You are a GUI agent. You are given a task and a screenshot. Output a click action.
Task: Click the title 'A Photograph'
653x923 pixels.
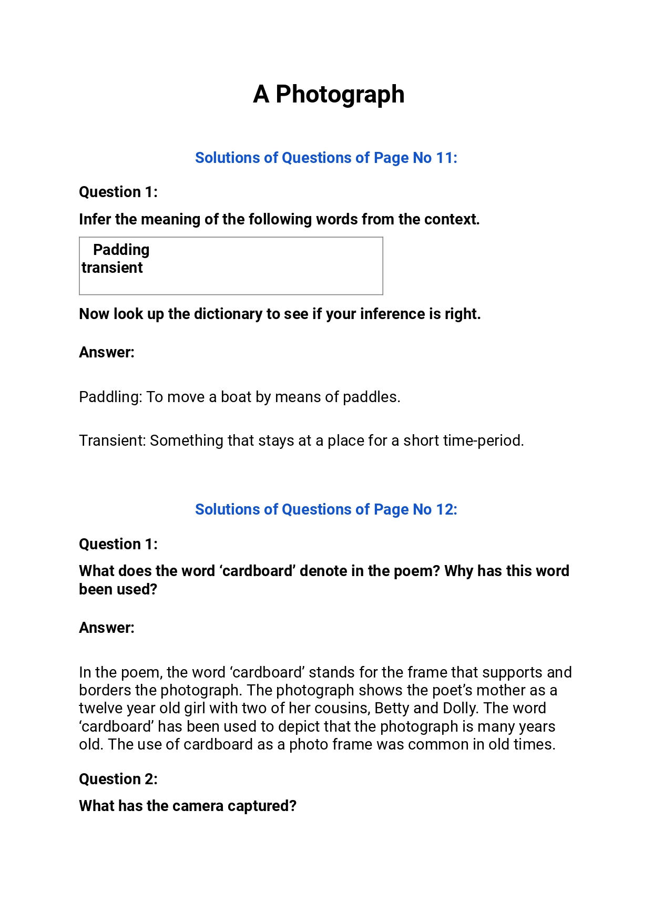tap(329, 95)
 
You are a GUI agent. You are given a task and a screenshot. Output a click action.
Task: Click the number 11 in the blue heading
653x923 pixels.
tap(444, 158)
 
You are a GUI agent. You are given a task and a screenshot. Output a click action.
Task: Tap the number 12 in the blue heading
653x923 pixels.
tap(444, 509)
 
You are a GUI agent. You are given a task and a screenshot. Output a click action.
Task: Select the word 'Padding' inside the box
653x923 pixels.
tap(121, 250)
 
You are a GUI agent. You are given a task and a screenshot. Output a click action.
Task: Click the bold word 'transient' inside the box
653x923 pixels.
tap(112, 268)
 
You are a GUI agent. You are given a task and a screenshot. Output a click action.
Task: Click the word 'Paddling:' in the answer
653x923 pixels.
tap(110, 397)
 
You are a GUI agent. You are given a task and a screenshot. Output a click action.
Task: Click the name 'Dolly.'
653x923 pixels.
tap(461, 709)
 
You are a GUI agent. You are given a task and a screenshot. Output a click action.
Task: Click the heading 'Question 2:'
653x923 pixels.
tap(118, 779)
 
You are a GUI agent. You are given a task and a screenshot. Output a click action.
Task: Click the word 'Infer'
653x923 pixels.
tap(95, 219)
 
